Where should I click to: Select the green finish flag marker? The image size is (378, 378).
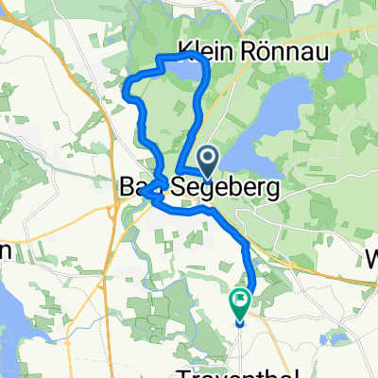point(239,303)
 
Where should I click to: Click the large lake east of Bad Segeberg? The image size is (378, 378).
point(269,123)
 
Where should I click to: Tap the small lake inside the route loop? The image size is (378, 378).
point(184,72)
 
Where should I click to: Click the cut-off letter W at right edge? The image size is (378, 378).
point(370,255)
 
